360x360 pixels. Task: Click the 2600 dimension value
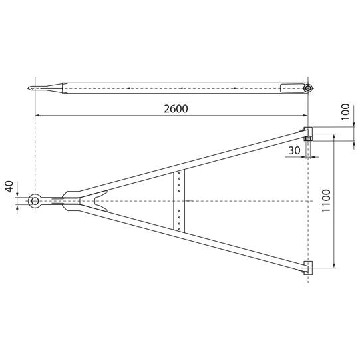176,109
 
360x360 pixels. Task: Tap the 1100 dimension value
326,201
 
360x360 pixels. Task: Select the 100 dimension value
345,112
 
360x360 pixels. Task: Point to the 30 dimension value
294,150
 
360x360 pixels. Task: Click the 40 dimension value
10,186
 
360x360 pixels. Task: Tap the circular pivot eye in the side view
308,88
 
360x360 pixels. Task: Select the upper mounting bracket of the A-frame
308,132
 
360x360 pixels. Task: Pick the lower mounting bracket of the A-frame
308,268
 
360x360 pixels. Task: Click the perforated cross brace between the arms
179,200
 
